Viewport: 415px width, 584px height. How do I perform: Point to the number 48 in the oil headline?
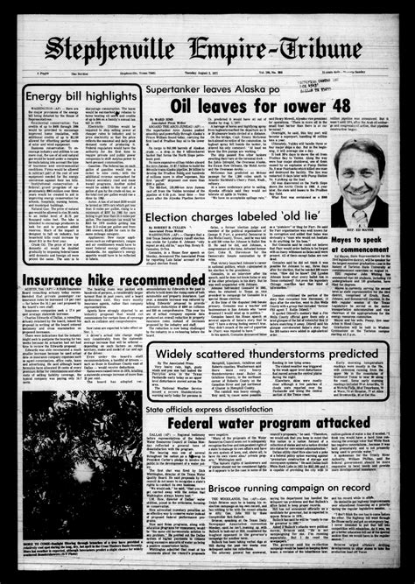[313, 107]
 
